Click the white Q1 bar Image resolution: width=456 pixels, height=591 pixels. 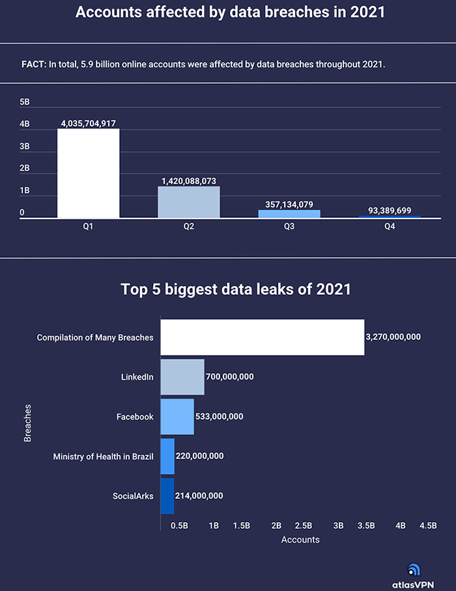pos(88,173)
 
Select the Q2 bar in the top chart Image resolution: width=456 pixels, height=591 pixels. pos(189,202)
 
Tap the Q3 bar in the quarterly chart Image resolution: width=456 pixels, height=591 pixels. pos(289,213)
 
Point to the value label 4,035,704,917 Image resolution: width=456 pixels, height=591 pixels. pos(88,123)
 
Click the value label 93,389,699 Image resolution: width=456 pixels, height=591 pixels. pos(390,211)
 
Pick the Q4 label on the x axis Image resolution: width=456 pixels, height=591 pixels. pos(390,227)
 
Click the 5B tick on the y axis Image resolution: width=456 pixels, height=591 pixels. pos(25,102)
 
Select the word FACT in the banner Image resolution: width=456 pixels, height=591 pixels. pos(34,65)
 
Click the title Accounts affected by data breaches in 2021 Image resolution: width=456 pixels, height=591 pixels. pos(228,12)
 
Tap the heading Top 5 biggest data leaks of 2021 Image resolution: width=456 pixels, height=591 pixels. pos(236,290)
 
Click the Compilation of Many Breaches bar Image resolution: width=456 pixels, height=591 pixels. pos(262,337)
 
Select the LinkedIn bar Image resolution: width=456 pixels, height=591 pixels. pos(182,376)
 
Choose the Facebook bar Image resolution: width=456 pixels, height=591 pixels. pos(177,416)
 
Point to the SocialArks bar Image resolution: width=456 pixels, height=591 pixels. pos(167,496)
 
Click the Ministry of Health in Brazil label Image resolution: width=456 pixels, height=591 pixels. pos(103,456)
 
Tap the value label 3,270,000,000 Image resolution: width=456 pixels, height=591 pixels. pos(393,337)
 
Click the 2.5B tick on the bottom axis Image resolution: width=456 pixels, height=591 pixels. pos(303,525)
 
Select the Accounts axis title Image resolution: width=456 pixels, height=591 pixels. pos(300,539)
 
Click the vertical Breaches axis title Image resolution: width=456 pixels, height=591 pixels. pos(27,423)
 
